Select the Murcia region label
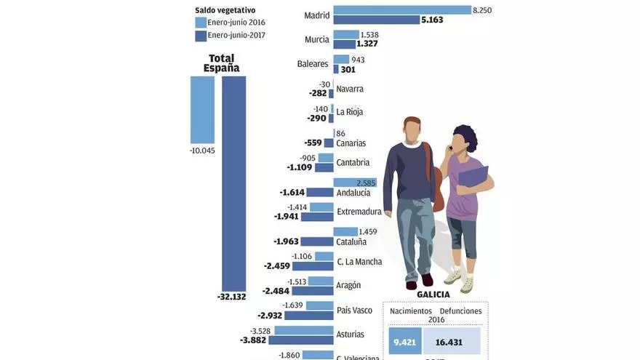click(317, 39)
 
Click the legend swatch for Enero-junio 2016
click(201, 23)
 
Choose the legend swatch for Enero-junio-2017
click(201, 36)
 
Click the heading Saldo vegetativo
click(225, 10)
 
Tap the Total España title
click(222, 63)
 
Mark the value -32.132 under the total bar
click(232, 297)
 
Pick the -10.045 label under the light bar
click(203, 151)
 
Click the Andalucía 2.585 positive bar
click(355, 183)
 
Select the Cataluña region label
click(351, 241)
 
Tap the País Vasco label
click(354, 311)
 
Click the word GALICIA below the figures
click(433, 295)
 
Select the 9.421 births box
click(405, 341)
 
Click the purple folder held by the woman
click(473, 177)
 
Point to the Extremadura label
click(359, 212)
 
